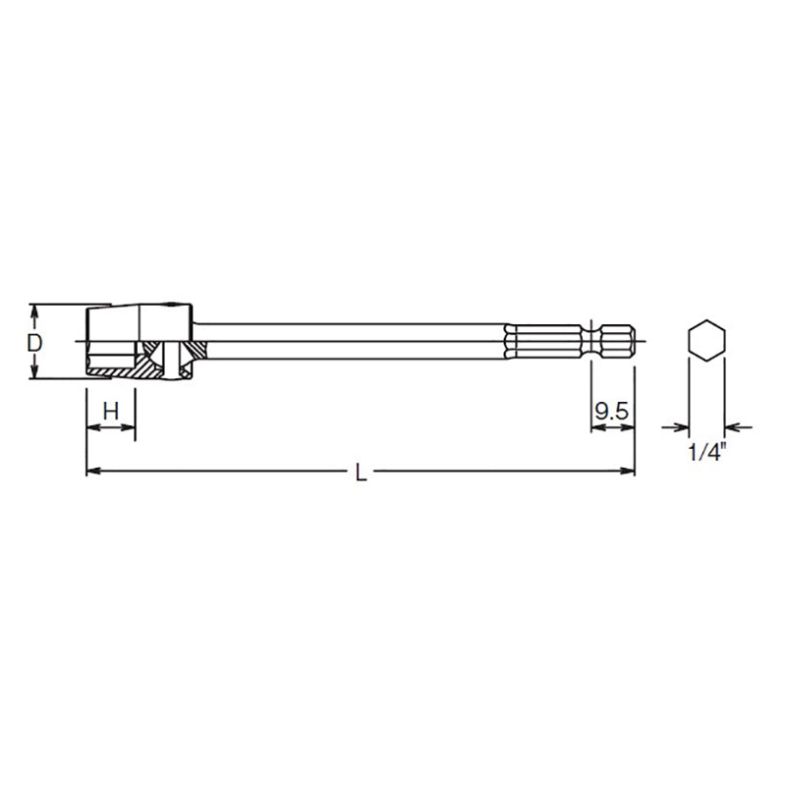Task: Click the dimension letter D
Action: (34, 343)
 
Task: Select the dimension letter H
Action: (110, 411)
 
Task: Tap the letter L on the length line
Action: (361, 474)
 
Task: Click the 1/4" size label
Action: (706, 453)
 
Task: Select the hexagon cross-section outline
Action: (705, 341)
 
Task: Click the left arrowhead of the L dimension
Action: (93, 473)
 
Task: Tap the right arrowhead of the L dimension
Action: (627, 473)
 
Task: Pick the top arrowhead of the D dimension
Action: (34, 310)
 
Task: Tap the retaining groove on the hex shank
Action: (595, 341)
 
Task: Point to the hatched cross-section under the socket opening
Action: (118, 371)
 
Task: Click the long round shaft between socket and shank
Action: (354, 341)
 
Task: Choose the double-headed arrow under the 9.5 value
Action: (611, 428)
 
